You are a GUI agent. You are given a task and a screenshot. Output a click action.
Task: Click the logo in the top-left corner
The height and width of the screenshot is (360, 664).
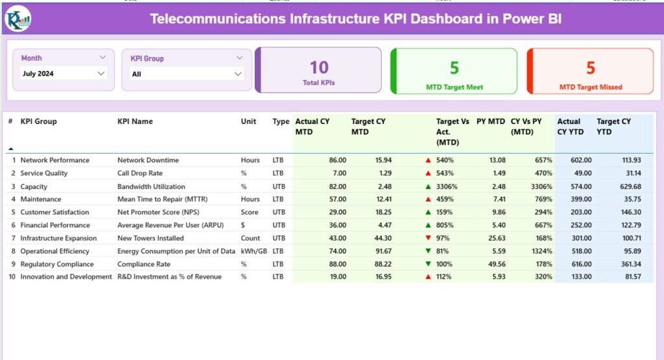pos(17,18)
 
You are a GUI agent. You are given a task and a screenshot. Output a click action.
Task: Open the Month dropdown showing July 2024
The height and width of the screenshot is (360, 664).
pos(63,73)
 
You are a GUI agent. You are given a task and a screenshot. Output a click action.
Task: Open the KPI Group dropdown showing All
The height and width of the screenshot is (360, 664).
pos(187,74)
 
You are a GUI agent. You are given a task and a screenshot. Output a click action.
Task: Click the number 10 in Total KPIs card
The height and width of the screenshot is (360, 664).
pos(318,67)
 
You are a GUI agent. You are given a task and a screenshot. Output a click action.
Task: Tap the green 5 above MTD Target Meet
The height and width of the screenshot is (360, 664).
pos(454,68)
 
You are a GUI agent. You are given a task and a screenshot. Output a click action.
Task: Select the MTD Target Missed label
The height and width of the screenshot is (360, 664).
pos(590,87)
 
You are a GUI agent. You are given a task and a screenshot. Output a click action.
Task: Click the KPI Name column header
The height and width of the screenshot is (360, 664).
pos(135,121)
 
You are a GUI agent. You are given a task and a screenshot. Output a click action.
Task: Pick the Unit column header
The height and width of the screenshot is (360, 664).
pos(248,121)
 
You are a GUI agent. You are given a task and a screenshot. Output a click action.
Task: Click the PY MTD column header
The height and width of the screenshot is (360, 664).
pos(490,121)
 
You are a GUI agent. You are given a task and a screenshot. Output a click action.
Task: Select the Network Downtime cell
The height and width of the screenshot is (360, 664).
pos(148,160)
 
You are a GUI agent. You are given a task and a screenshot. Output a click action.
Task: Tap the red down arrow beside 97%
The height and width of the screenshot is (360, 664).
pos(428,238)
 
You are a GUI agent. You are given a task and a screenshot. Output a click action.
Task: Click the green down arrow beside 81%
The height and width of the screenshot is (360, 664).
pos(428,251)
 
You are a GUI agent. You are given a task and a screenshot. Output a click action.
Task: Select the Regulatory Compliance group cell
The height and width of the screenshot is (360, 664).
pos(56,264)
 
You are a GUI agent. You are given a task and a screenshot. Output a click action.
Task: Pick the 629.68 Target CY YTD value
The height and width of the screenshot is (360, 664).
pos(629,186)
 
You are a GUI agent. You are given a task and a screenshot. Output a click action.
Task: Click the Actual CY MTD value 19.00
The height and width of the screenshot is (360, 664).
pos(337,277)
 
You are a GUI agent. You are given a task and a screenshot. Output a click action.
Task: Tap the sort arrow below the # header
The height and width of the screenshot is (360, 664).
pos(10,149)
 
